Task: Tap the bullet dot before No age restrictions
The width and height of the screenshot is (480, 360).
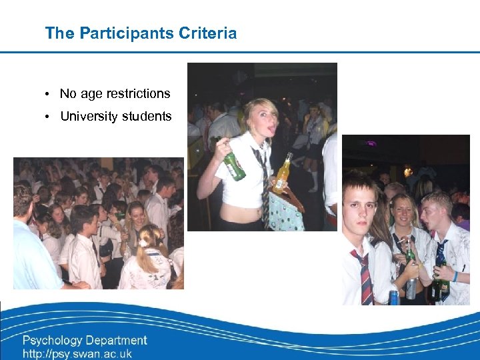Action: (49, 94)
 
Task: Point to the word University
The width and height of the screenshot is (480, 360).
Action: (87, 117)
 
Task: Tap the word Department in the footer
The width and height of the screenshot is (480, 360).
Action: (119, 341)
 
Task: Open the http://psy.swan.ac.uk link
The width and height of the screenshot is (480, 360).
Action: (77, 353)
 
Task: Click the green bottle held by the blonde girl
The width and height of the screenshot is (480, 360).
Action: (233, 166)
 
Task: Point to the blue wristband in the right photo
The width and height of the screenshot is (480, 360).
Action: (455, 275)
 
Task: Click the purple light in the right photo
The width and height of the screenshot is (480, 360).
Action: (371, 143)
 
